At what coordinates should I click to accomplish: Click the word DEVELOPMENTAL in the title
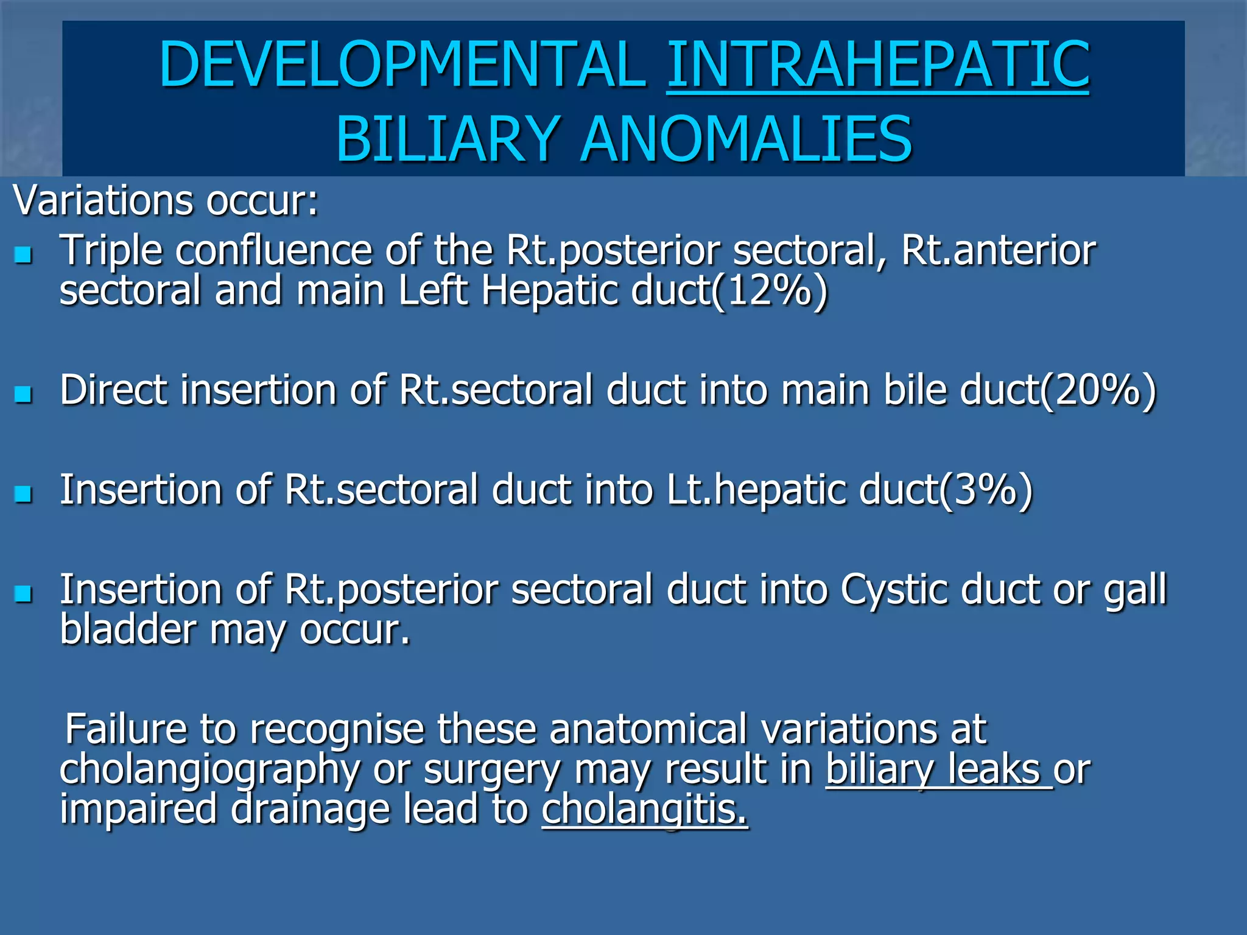tap(402, 65)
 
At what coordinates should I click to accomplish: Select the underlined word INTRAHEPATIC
tap(877, 65)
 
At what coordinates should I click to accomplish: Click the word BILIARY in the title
tap(448, 139)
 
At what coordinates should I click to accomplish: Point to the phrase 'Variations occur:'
tap(166, 201)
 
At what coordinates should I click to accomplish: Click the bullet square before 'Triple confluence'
tap(23, 254)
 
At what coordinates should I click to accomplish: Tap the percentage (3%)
tap(986, 490)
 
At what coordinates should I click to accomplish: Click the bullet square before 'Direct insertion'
tap(23, 394)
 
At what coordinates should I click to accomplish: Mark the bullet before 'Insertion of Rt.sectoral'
tap(23, 494)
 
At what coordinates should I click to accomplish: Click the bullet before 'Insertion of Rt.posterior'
tap(23, 594)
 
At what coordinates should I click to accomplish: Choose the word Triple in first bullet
tap(111, 251)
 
